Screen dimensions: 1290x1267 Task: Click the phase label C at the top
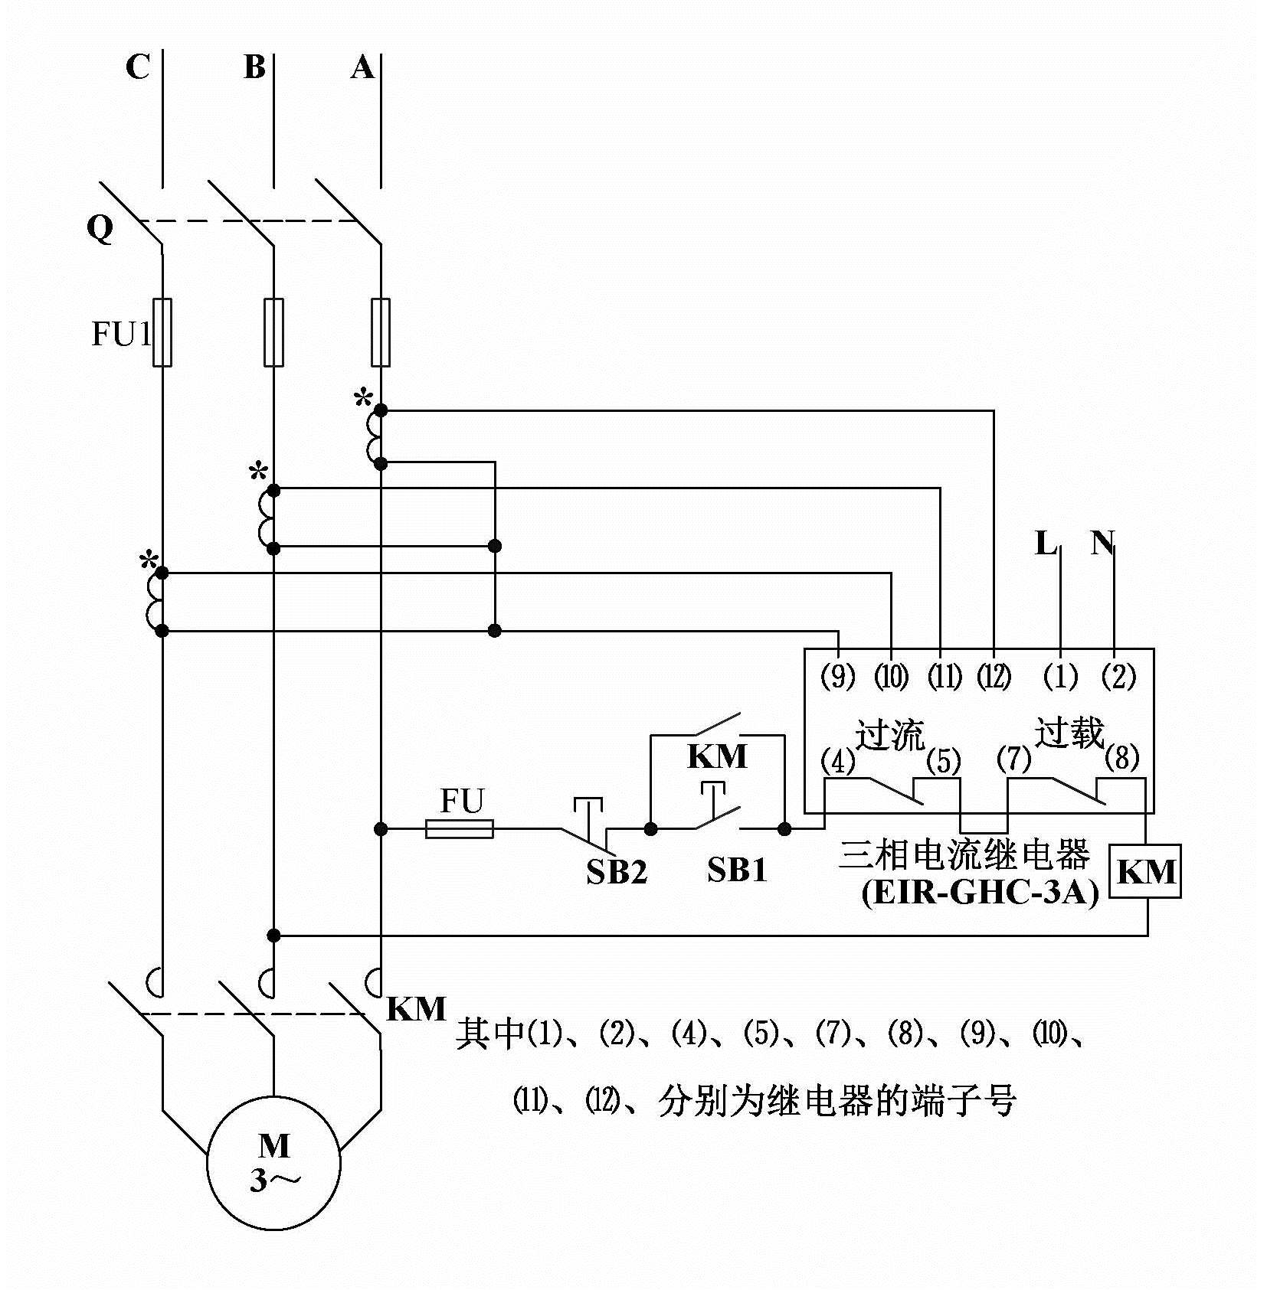pos(138,67)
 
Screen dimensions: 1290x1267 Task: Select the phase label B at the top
pos(254,67)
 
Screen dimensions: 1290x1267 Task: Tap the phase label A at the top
pos(362,68)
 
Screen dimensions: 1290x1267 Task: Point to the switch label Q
pos(100,228)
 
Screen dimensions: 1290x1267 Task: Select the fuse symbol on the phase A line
pos(381,332)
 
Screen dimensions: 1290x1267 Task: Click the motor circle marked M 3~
pos(273,1164)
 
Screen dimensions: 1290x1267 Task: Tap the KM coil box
pos(1146,871)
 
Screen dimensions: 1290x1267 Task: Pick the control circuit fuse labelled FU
pos(459,828)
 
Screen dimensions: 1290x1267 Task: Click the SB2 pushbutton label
pos(617,872)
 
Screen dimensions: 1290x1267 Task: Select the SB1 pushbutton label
pos(737,870)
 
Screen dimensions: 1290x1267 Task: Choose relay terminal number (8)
pos(1122,759)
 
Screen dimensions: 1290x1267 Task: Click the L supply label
pos(1046,544)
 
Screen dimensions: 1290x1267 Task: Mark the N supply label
pos(1102,544)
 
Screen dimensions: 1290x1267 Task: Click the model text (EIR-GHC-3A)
pos(980,893)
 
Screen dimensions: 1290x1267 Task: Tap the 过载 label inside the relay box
pos(1069,733)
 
